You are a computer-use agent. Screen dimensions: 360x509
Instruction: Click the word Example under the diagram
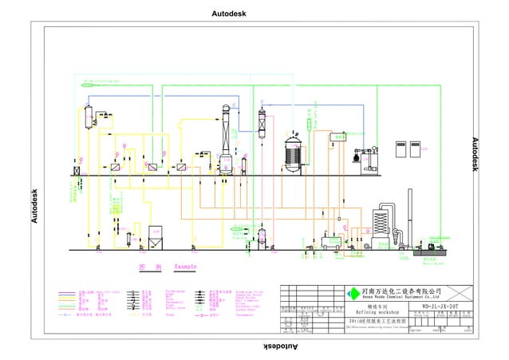(185, 266)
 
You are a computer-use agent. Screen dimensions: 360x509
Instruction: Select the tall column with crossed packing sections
(262, 124)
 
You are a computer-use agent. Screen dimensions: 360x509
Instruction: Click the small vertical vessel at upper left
(89, 116)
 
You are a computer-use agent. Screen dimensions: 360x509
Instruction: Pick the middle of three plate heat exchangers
(150, 168)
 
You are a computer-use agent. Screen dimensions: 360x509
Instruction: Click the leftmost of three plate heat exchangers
(116, 168)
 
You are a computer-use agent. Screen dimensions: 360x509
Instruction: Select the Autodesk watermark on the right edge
(475, 154)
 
